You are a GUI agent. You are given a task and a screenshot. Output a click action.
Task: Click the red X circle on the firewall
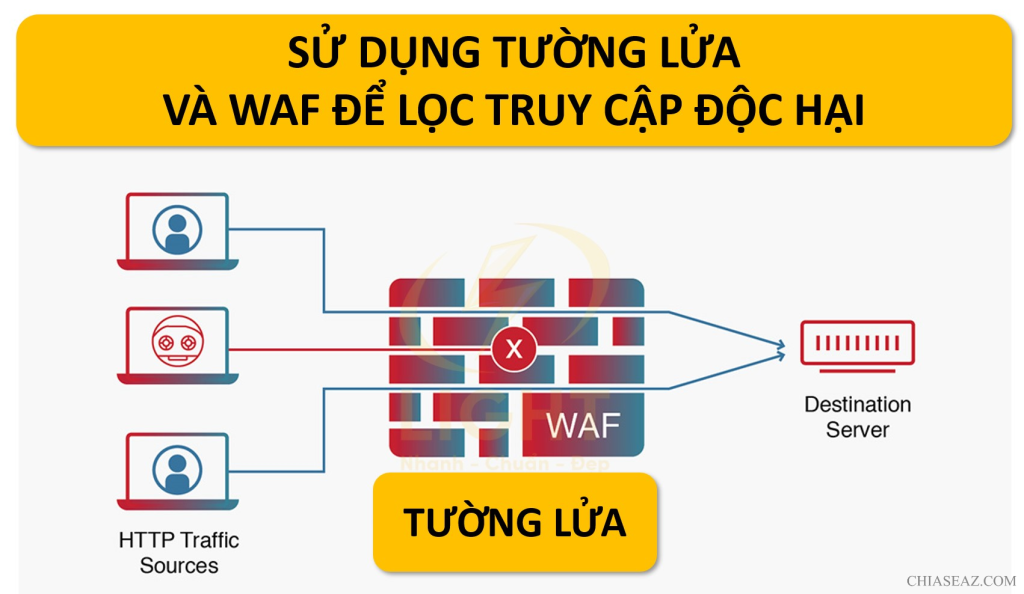[514, 349]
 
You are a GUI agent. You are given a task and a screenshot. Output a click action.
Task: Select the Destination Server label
[857, 417]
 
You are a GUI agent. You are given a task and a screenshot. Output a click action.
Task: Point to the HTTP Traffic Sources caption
[179, 552]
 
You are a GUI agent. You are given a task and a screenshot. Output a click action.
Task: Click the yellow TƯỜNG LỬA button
[515, 522]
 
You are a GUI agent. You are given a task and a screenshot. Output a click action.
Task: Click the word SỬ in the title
[310, 53]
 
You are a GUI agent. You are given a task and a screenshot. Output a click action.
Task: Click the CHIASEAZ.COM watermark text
[961, 580]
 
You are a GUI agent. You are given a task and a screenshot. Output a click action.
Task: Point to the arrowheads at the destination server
[779, 348]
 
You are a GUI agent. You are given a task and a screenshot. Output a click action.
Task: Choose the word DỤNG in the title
[400, 53]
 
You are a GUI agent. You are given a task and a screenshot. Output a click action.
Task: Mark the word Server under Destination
[857, 430]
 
